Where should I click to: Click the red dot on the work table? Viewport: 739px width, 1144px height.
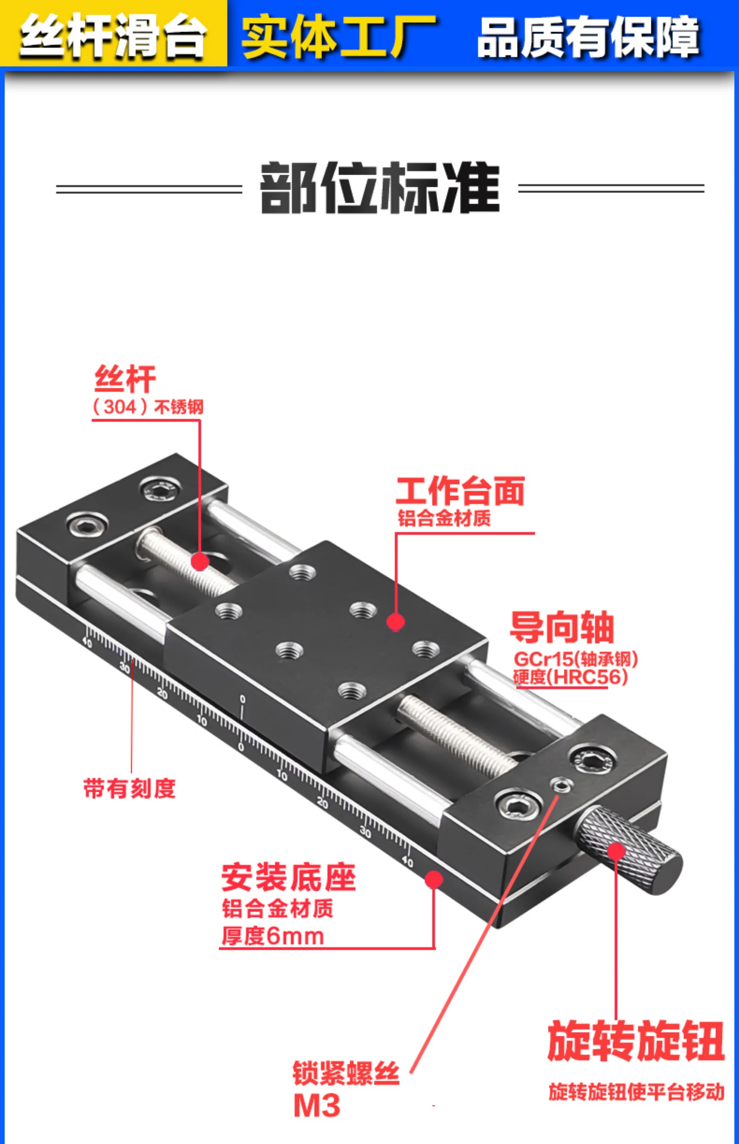[x=395, y=622]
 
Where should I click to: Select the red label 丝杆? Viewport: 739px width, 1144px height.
[x=125, y=379]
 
